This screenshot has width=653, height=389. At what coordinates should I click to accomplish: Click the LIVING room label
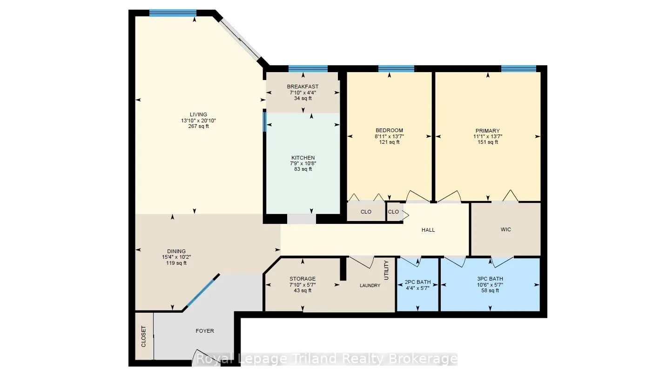pyautogui.click(x=198, y=114)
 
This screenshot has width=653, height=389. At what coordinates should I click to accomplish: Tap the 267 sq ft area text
pyautogui.click(x=198, y=126)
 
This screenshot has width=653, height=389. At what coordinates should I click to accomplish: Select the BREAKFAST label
pyautogui.click(x=303, y=87)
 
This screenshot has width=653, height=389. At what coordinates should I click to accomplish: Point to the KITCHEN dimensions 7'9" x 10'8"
pyautogui.click(x=303, y=163)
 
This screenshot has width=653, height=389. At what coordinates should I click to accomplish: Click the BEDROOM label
pyautogui.click(x=389, y=130)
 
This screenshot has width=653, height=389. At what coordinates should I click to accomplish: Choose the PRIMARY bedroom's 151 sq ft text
pyautogui.click(x=488, y=142)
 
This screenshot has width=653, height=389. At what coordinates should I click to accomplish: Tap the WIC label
pyautogui.click(x=506, y=229)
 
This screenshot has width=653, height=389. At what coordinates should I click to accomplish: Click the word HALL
pyautogui.click(x=428, y=230)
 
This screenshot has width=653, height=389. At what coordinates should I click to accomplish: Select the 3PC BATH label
pyautogui.click(x=490, y=279)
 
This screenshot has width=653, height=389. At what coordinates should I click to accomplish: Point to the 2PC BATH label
pyautogui.click(x=418, y=282)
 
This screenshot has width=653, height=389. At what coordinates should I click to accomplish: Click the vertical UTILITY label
pyautogui.click(x=387, y=270)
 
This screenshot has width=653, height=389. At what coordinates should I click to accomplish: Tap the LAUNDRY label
pyautogui.click(x=370, y=286)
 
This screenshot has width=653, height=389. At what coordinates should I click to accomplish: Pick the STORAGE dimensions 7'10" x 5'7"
pyautogui.click(x=303, y=285)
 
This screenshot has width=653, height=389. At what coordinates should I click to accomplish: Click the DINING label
pyautogui.click(x=176, y=251)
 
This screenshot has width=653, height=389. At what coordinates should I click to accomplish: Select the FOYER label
pyautogui.click(x=205, y=331)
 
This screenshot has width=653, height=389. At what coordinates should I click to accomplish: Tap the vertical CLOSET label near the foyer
pyautogui.click(x=143, y=336)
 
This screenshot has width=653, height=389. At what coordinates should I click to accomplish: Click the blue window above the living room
pyautogui.click(x=173, y=13)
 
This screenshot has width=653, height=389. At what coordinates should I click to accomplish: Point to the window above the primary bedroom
pyautogui.click(x=518, y=69)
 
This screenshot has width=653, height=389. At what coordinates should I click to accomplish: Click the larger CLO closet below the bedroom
pyautogui.click(x=366, y=212)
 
